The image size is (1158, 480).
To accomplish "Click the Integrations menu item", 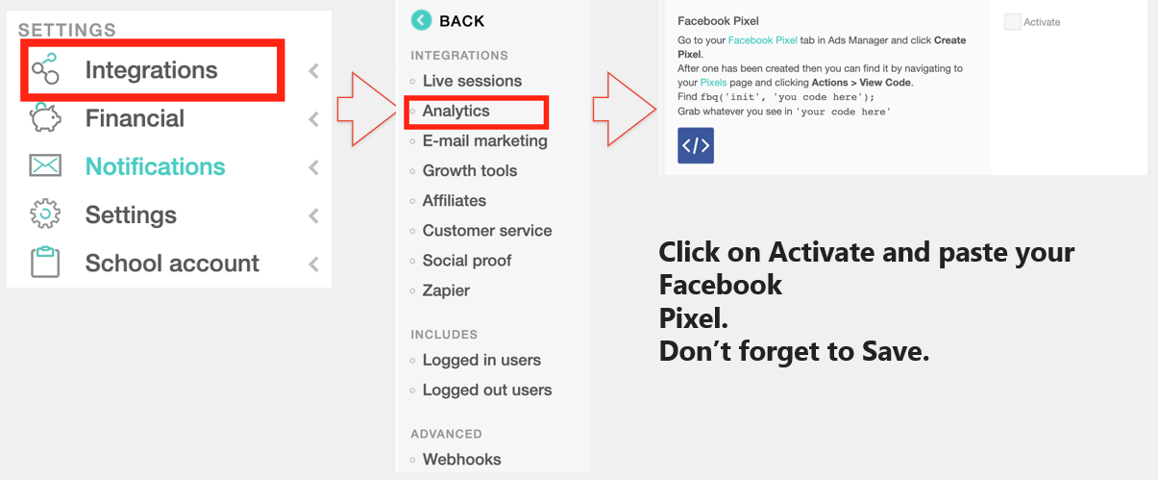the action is (x=151, y=70).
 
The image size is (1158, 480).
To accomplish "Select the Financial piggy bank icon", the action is (x=45, y=117).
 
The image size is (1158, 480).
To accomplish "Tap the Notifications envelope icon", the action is (x=45, y=165).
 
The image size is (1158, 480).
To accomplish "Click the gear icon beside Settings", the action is (x=45, y=214).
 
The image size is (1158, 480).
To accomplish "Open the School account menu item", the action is (x=172, y=263).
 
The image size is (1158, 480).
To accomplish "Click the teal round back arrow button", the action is (x=421, y=21).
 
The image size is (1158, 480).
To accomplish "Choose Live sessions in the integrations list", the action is (x=472, y=81).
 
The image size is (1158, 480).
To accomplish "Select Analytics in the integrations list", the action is (x=456, y=111).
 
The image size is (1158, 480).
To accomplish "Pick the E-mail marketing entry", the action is (x=485, y=140).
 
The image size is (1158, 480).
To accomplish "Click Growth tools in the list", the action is (x=470, y=170).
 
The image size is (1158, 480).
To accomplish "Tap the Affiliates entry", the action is (x=455, y=201).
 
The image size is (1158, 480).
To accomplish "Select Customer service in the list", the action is (x=487, y=231).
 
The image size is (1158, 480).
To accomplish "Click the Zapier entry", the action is (x=446, y=291).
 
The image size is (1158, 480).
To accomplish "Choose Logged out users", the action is (x=487, y=390).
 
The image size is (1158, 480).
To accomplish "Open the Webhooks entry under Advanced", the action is (x=461, y=459).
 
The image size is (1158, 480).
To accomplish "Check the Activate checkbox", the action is (x=1012, y=22).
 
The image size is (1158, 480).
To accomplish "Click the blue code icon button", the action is (x=696, y=145).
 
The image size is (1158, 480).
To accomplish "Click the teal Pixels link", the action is (x=713, y=83).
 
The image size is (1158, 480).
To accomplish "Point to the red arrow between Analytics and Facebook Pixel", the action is (x=625, y=109).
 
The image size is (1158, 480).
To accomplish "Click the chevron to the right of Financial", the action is (x=314, y=119).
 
